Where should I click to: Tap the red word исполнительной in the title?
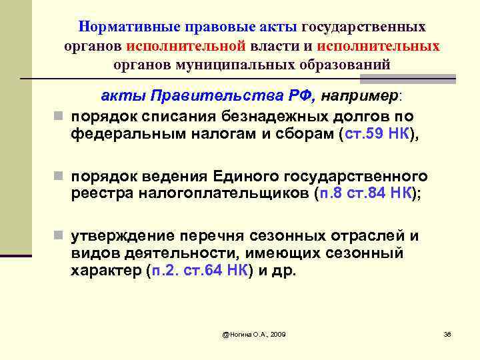[193, 46]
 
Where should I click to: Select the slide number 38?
[447, 333]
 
